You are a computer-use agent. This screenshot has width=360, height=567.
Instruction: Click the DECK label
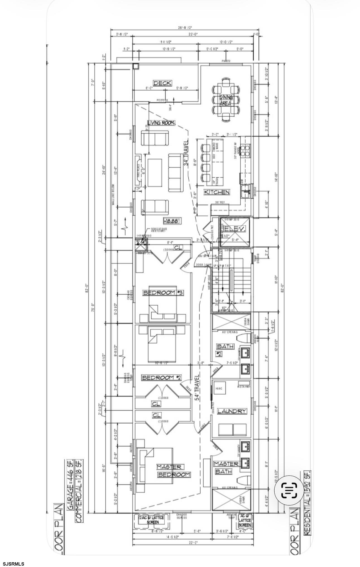pyautogui.click(x=162, y=83)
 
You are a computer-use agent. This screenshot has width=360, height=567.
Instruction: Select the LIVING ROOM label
pyautogui.click(x=161, y=123)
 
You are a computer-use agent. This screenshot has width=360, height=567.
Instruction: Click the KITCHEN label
pyautogui.click(x=217, y=192)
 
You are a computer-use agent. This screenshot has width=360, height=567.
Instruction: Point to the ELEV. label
pyautogui.click(x=234, y=229)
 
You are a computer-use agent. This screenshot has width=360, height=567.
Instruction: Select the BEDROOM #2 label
pyautogui.click(x=162, y=378)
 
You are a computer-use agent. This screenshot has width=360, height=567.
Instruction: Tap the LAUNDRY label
pyautogui.click(x=232, y=411)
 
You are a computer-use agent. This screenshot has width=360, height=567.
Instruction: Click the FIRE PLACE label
pyautogui.click(x=138, y=171)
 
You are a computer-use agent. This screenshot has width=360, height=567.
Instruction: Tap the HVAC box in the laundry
pyautogui.click(x=219, y=389)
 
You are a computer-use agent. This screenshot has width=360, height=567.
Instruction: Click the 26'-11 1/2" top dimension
pyautogui.click(x=185, y=28)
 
